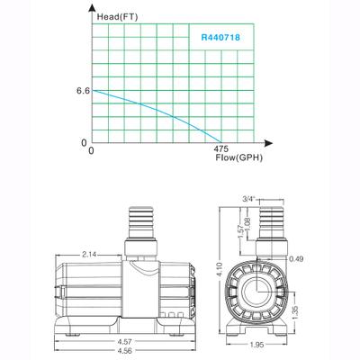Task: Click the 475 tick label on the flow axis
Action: point(221,149)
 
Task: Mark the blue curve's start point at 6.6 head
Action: point(93,91)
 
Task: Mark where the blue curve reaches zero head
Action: point(220,142)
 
